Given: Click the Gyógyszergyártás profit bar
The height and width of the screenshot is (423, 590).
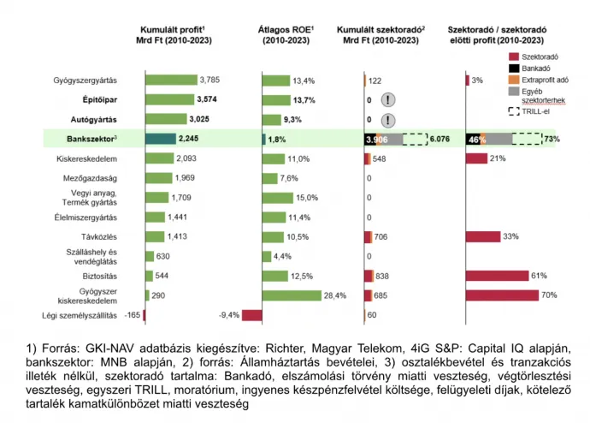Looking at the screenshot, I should [171, 80].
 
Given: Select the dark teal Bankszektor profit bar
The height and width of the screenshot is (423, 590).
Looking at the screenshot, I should [160, 139].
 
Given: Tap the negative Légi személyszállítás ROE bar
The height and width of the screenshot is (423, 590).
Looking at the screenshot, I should [251, 315].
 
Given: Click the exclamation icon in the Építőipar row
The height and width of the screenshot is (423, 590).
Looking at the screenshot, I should [389, 100].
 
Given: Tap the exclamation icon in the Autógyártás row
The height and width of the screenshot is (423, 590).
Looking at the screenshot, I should [389, 120].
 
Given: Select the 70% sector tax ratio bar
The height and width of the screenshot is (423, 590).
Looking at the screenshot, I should [502, 295].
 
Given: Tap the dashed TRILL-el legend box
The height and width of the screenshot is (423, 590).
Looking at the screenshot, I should [504, 111].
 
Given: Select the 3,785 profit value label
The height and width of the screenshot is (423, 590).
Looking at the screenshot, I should [209, 80].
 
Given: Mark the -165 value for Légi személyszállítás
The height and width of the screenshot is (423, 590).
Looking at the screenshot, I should [132, 315].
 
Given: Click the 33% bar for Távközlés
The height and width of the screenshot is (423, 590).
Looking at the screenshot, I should [493, 236].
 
